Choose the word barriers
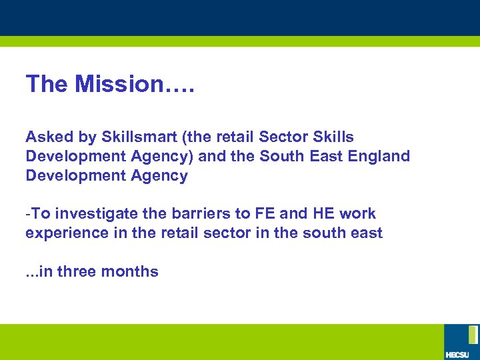click(194, 213)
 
